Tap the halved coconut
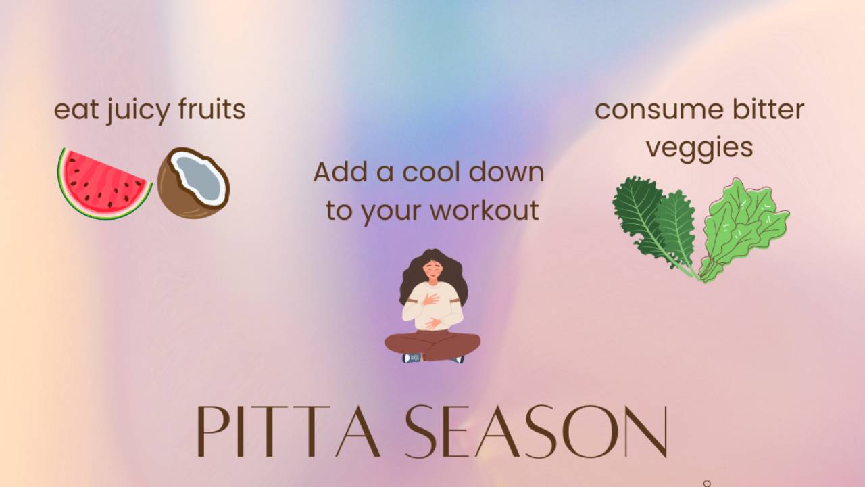[x=193, y=183]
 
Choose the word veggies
[x=699, y=147]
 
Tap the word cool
[x=432, y=172]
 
